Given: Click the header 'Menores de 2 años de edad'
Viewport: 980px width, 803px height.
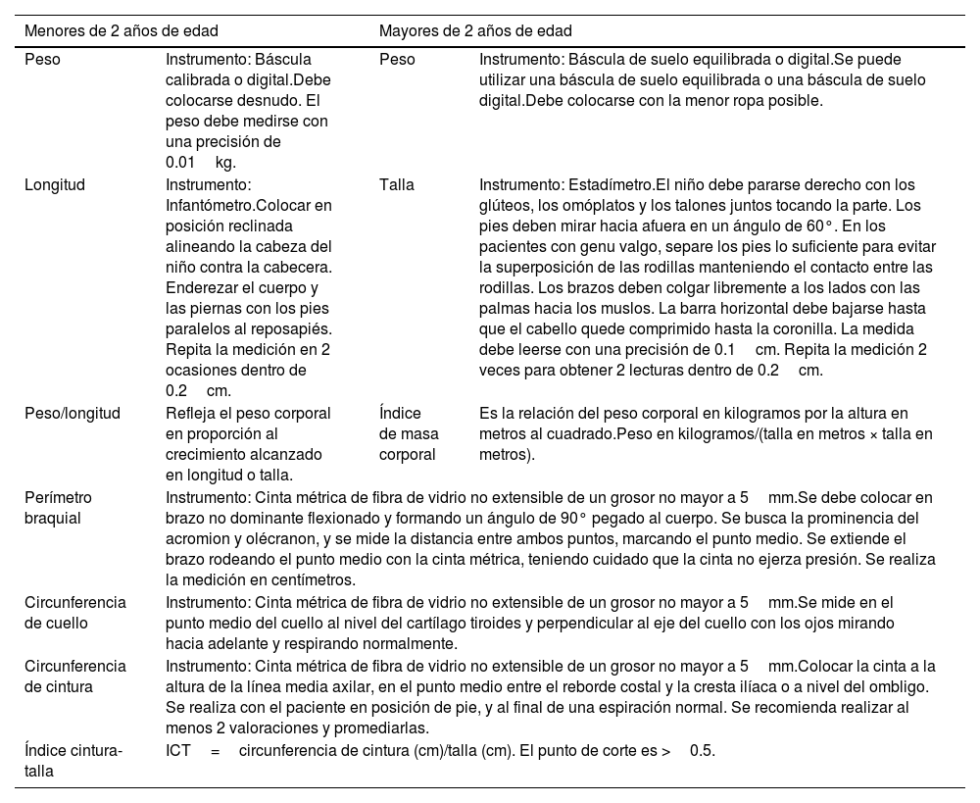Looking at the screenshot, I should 122,30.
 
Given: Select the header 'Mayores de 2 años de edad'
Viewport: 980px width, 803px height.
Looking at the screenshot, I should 476,30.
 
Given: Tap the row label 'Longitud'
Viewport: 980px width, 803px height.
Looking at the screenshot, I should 54,184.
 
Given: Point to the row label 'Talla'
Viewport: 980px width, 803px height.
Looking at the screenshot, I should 396,184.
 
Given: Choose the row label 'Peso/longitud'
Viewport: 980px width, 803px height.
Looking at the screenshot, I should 72,413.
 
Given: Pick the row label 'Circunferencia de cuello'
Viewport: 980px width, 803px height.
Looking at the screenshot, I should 75,613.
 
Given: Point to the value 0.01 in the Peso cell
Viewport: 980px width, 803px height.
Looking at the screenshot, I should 180,163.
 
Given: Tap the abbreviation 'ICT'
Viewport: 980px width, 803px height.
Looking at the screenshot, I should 178,751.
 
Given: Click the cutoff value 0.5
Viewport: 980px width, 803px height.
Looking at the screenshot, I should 702,751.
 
